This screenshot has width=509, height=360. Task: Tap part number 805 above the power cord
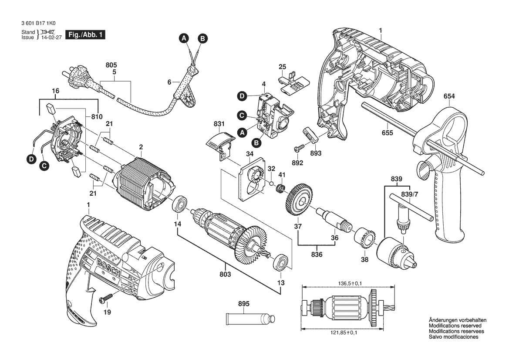pos(111,65)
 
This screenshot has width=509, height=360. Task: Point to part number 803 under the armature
pos(225,274)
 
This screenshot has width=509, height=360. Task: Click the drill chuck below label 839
pos(394,251)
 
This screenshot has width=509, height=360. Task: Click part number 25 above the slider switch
pos(282,67)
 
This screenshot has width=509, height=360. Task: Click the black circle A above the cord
pos(184,38)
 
